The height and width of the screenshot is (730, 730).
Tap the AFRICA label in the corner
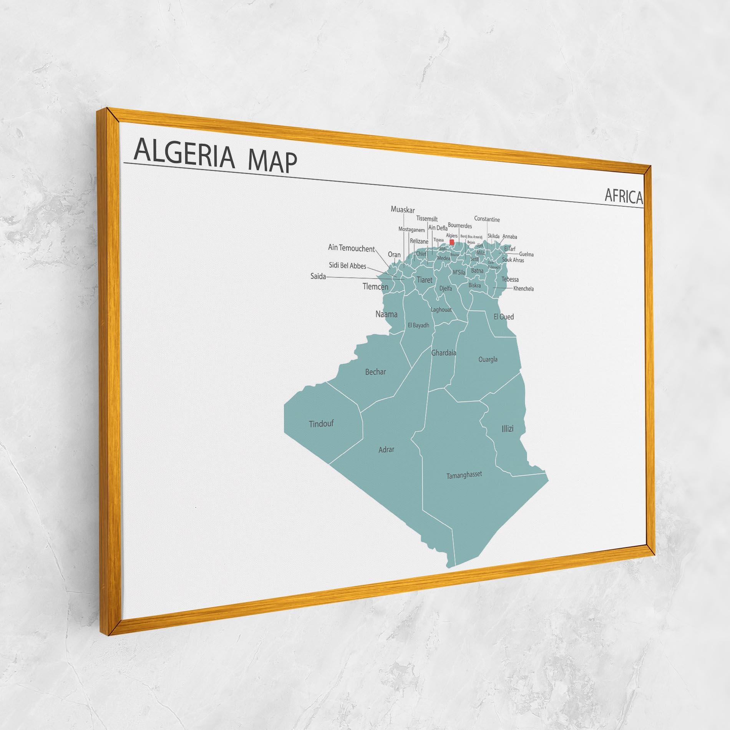(x=623, y=196)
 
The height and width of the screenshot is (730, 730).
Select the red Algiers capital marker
(x=452, y=242)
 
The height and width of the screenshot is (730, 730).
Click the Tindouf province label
(x=321, y=424)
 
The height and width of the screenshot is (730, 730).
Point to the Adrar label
(x=386, y=449)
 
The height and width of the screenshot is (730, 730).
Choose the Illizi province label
(x=507, y=428)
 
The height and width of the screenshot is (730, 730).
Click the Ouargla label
(x=488, y=360)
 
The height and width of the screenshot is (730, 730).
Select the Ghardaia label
(x=444, y=352)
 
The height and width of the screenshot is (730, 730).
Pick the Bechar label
(x=375, y=372)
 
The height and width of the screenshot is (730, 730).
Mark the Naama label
(x=386, y=314)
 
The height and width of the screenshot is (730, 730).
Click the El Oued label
(x=503, y=317)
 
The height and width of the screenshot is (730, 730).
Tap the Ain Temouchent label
(x=351, y=249)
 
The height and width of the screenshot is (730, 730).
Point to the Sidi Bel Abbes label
(x=347, y=265)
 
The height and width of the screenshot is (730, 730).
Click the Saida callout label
(x=318, y=276)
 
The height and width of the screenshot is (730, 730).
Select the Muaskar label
(x=403, y=209)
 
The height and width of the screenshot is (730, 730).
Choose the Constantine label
(x=487, y=219)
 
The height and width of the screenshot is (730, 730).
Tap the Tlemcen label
(x=375, y=287)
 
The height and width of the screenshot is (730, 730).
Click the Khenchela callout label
(x=523, y=289)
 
